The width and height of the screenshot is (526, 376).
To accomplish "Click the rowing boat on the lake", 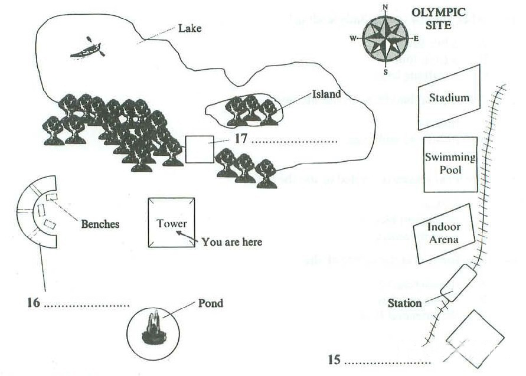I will point(87,50).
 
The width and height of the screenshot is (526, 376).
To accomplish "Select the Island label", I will point(327,94).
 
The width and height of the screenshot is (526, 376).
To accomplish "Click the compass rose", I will point(385,40).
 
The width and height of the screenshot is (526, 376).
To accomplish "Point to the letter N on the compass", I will point(385,7).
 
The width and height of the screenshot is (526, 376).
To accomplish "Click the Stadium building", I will point(449,97).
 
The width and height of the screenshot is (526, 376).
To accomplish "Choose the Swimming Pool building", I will point(450,164).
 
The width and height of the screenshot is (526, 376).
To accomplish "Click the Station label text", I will point(405,303).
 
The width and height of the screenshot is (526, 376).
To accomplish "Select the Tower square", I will point(171,223).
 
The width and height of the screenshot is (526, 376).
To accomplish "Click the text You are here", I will point(231,242).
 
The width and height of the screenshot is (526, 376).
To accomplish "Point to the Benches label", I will point(100,224).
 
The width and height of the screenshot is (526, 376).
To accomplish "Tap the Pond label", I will point(211,303).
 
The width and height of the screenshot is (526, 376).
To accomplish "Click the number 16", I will point(33,303).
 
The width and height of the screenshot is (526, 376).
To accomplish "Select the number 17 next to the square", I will point(240,140).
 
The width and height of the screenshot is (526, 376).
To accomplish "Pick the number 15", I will point(334,359).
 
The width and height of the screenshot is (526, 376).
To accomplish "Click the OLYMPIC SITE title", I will point(439,18).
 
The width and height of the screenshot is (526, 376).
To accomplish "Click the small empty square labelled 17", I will point(200,149).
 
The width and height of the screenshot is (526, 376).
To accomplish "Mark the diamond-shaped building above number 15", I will point(475,338).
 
